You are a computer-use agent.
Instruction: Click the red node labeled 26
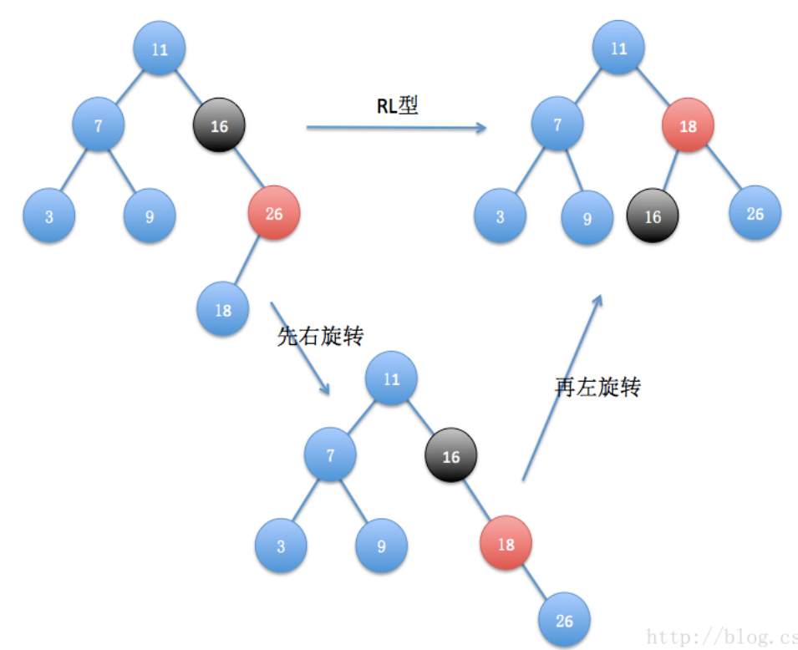274,214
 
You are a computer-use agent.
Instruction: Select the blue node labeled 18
223,310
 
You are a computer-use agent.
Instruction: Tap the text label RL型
397,106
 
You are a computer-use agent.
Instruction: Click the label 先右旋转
320,336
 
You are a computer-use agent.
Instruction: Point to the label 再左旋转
597,387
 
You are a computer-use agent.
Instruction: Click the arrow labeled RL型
396,127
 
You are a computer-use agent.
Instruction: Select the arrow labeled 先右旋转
300,347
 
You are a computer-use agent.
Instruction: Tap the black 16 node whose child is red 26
218,126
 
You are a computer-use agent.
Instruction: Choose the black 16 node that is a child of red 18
653,216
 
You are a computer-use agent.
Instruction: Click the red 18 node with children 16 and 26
688,126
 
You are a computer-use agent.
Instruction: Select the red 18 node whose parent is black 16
506,544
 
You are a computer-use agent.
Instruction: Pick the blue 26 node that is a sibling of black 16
755,214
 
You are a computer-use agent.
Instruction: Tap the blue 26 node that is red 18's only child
564,621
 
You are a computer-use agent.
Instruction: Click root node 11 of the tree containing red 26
160,48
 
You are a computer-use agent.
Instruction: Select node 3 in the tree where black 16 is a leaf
500,217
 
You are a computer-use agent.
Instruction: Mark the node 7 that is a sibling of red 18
557,126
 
